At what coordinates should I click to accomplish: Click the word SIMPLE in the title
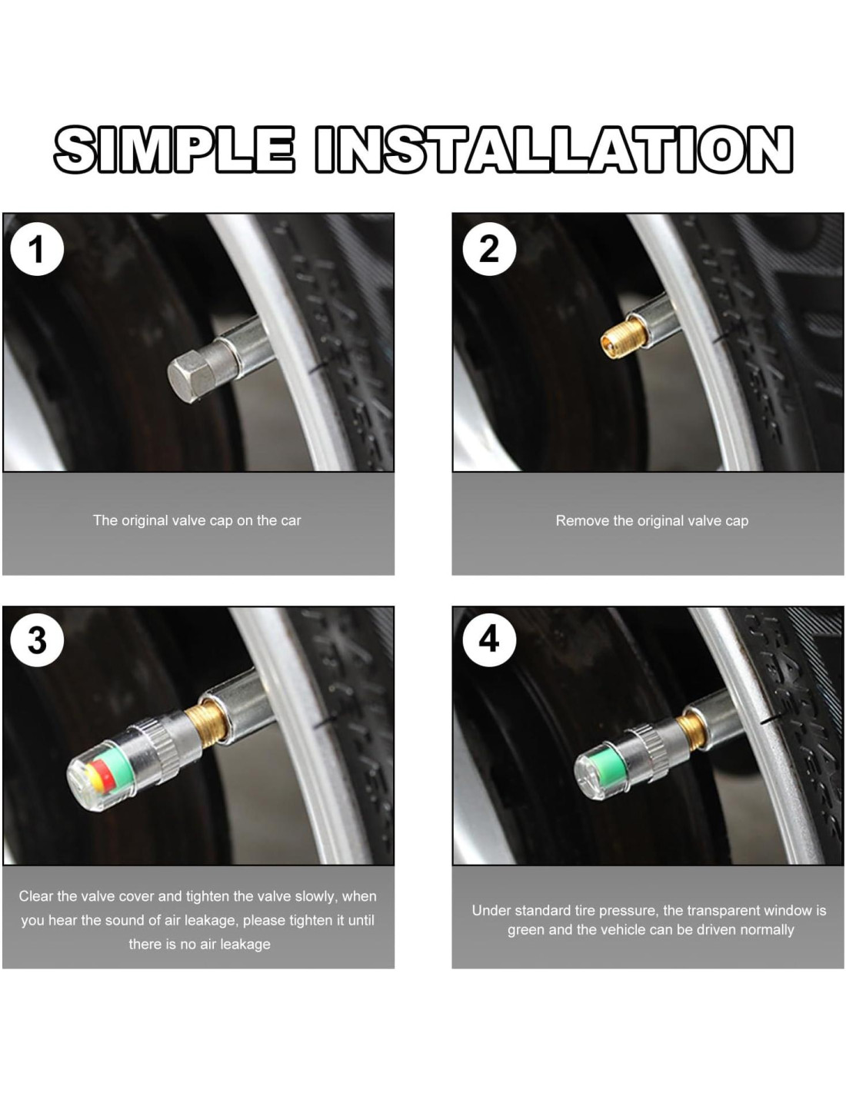click(x=174, y=150)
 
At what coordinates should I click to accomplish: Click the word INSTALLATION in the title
click(x=554, y=150)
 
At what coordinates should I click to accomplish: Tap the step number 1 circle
click(x=37, y=248)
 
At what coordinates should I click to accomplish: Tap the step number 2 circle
click(x=488, y=248)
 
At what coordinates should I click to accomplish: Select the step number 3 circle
click(x=37, y=640)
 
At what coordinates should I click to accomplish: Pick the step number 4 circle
click(x=488, y=640)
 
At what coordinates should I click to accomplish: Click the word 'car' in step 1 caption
click(x=291, y=520)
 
